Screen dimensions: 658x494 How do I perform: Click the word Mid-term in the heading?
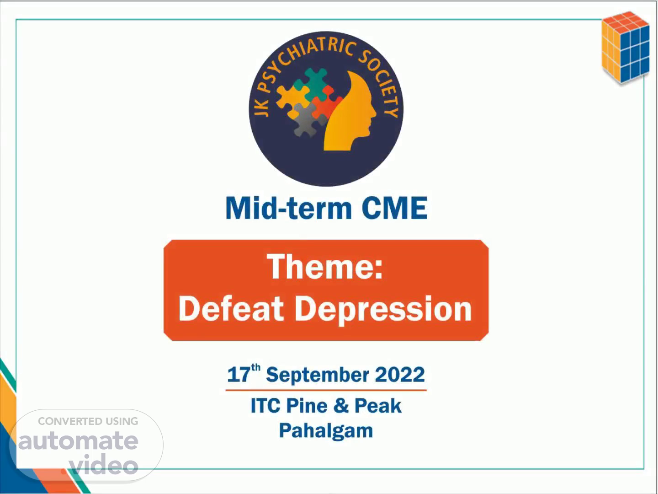(289, 208)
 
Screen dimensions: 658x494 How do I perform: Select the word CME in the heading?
(394, 208)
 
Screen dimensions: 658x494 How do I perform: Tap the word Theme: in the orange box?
(325, 266)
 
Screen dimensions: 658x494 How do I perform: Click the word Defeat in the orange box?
(231, 308)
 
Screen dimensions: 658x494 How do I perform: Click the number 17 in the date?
(239, 375)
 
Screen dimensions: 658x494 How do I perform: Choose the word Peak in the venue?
(378, 406)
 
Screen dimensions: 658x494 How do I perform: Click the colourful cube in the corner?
(626, 48)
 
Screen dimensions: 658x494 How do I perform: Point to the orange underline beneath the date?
(326, 390)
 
